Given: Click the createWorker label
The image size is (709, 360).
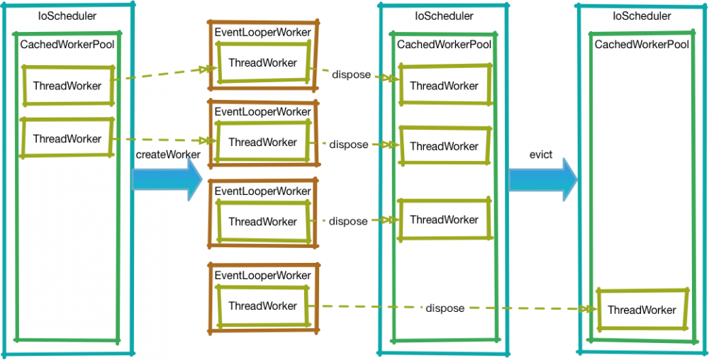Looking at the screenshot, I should pyautogui.click(x=167, y=154).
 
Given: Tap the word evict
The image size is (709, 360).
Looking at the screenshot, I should pyautogui.click(x=541, y=154).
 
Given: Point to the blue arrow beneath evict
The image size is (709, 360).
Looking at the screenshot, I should pyautogui.click(x=543, y=180).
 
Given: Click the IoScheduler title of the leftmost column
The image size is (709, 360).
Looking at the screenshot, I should pyautogui.click(x=67, y=15).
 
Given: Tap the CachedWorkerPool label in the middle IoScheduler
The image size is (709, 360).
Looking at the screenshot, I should pyautogui.click(x=444, y=45).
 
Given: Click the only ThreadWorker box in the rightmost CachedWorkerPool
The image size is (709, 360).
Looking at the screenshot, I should pyautogui.click(x=642, y=310).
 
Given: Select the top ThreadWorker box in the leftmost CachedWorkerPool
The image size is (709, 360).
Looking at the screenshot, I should pyautogui.click(x=67, y=86).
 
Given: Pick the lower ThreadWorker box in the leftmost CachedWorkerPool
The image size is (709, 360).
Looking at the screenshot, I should pyautogui.click(x=67, y=139).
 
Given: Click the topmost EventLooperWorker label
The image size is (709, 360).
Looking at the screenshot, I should pyautogui.click(x=262, y=32).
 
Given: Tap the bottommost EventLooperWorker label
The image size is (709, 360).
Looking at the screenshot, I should pyautogui.click(x=262, y=275).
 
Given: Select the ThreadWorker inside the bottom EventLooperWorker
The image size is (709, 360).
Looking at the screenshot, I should pyautogui.click(x=262, y=306).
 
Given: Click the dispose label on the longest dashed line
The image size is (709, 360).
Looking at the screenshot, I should pyautogui.click(x=445, y=308).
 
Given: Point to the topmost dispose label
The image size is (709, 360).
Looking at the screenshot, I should pyautogui.click(x=351, y=74).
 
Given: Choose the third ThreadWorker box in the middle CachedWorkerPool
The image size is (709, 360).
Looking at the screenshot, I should pyautogui.click(x=444, y=220).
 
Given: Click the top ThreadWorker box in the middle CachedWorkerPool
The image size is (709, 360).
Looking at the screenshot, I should pyautogui.click(x=444, y=86).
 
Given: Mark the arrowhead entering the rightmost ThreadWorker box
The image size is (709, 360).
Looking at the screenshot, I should pyautogui.click(x=589, y=310).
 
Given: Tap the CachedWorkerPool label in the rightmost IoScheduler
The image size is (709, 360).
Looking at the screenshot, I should pyautogui.click(x=642, y=45).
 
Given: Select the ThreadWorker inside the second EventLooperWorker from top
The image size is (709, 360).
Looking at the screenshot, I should pyautogui.click(x=262, y=142).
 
